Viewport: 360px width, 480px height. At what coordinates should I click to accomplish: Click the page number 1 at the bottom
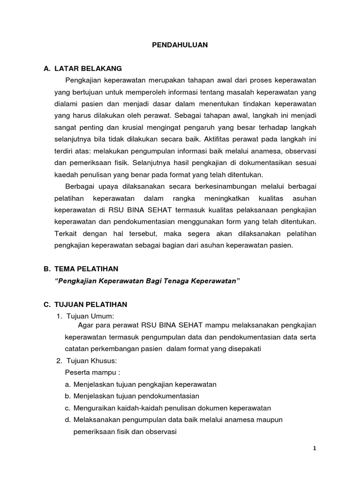point(315,448)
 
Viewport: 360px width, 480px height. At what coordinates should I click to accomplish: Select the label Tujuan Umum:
point(91,316)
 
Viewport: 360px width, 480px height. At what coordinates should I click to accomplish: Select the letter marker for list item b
point(68,396)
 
